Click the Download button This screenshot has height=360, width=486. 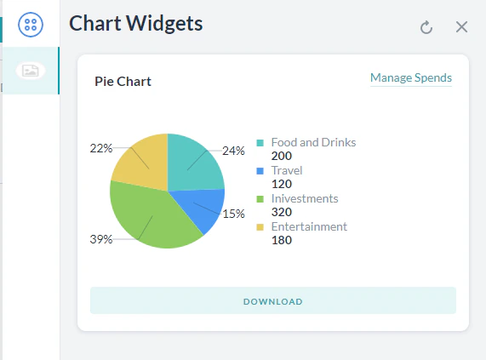[272, 301]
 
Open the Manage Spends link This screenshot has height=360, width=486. [410, 78]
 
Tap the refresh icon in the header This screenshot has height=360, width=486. [426, 27]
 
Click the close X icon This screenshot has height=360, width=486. [462, 27]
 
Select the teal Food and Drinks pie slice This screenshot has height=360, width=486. [194, 162]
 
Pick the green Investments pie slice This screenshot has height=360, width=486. [149, 217]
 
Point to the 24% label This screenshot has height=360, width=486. [233, 151]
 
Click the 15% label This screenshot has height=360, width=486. [233, 214]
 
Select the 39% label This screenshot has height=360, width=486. [100, 239]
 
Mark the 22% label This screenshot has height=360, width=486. [100, 148]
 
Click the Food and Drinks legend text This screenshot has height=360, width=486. [313, 142]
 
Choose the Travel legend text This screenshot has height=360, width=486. [287, 170]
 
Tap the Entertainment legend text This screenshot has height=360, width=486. [309, 226]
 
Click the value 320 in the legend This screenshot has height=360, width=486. [281, 212]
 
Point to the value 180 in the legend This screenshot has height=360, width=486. [281, 240]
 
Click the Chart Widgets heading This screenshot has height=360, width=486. [136, 23]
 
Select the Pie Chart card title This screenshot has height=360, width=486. [123, 82]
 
